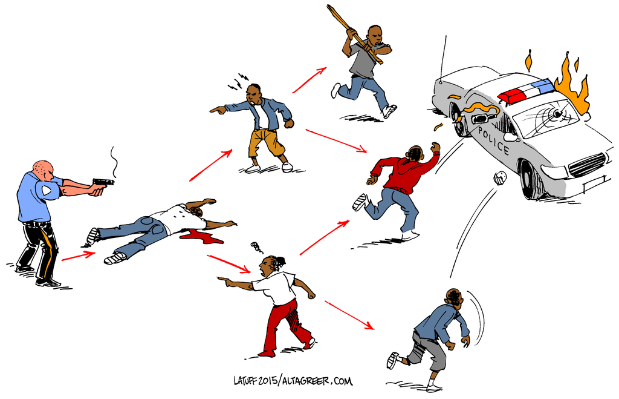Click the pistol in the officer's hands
click(x=103, y=183)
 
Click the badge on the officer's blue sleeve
click(x=47, y=191)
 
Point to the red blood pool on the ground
click(x=201, y=236)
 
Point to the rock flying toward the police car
click(x=500, y=176)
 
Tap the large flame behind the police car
click(x=573, y=85)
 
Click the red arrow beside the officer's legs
click(x=79, y=256)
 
